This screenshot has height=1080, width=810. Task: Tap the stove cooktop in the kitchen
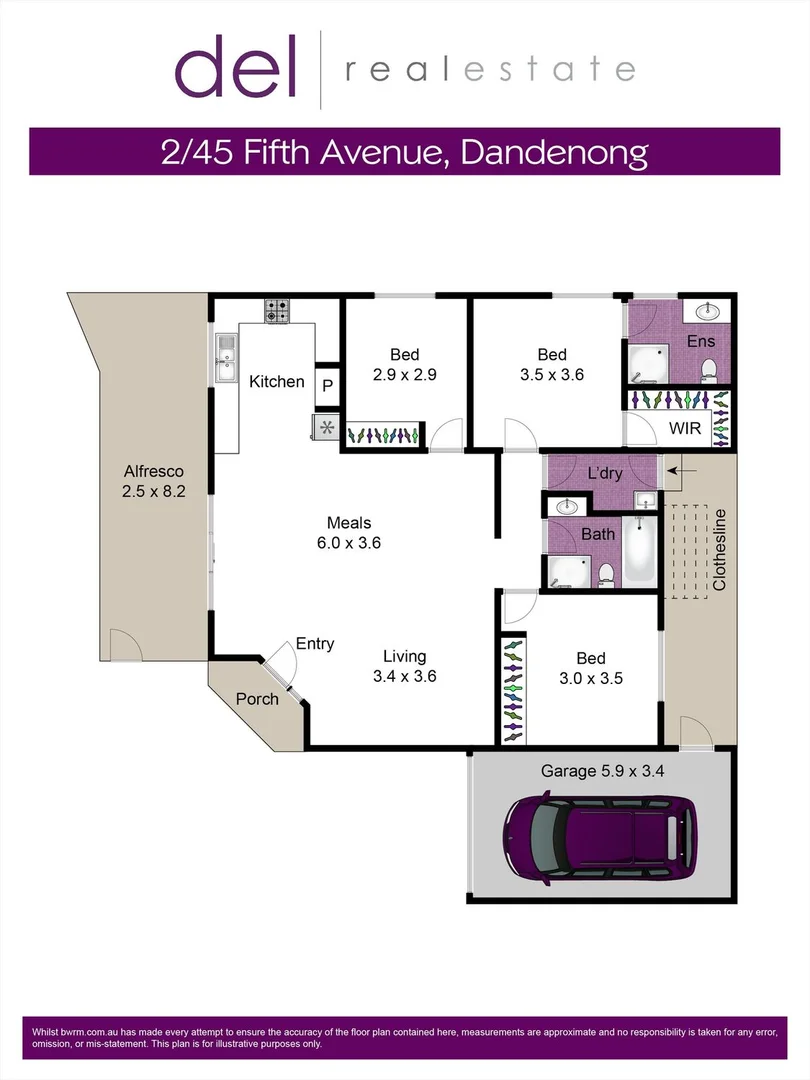point(277,311)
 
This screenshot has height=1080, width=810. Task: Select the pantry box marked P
point(328,385)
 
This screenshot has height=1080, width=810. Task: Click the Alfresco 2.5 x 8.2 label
point(154,481)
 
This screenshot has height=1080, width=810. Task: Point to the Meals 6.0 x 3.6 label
point(349,533)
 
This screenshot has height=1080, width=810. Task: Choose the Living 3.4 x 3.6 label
point(404,666)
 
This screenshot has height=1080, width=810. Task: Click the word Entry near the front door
point(315,644)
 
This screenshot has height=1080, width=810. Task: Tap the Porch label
point(257,699)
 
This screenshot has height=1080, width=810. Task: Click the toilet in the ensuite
point(710,371)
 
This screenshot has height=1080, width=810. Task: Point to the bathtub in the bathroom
point(638,552)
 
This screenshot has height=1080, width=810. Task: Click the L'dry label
point(606,472)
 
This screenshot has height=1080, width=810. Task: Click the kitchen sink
point(225,358)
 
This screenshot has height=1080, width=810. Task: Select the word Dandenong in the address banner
point(565,152)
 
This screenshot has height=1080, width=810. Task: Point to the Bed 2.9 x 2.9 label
point(404,365)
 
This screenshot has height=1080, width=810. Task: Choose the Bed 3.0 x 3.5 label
point(590,667)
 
